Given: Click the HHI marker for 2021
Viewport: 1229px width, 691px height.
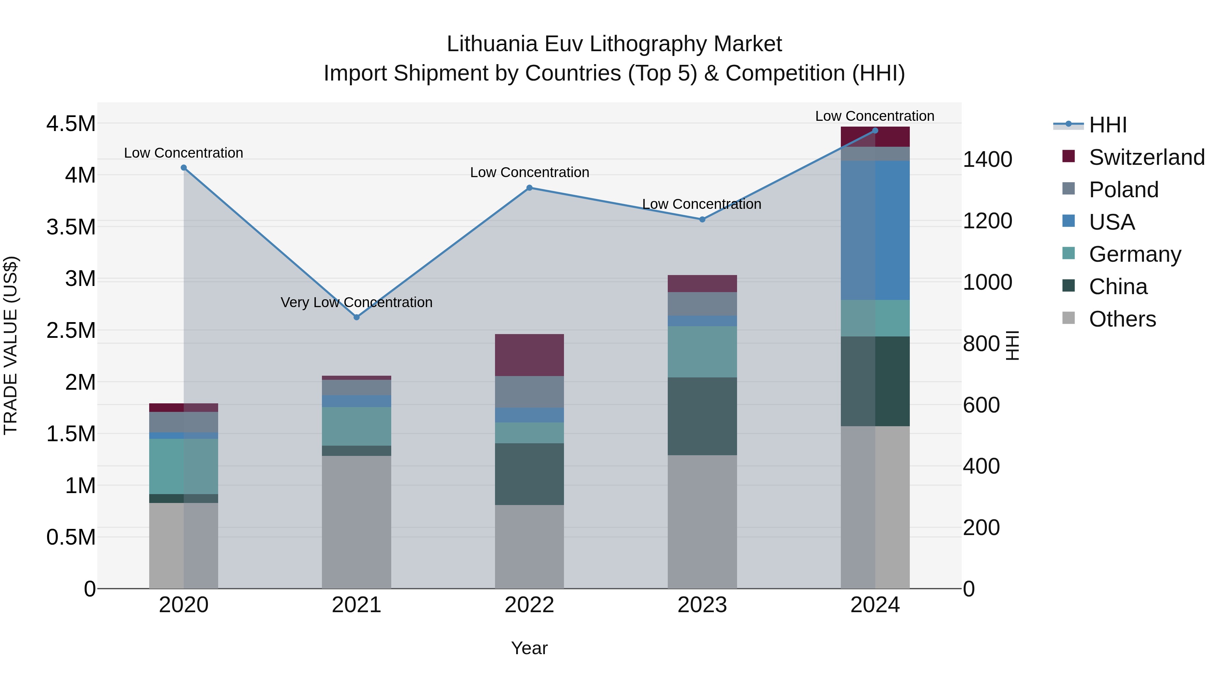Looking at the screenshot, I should tap(356, 317).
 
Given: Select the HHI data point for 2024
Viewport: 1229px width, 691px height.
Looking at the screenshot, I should tap(875, 131).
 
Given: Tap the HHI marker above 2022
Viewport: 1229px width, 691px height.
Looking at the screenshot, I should tap(529, 188).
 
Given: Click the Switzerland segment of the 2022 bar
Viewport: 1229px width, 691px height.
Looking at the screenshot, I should tap(529, 355).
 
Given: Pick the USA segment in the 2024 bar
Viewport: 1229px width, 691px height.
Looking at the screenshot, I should tap(875, 230).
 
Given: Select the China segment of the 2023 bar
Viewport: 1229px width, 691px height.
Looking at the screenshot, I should tap(702, 416).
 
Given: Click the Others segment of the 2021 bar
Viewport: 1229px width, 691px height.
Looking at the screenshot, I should tap(356, 522).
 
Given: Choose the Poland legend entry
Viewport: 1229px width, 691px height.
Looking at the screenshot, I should tap(1123, 190).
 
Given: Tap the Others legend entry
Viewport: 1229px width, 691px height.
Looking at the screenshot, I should tap(1122, 319).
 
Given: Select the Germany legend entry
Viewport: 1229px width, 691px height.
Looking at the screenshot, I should tap(1134, 254).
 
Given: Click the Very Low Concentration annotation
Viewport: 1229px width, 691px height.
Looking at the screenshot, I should tap(356, 302).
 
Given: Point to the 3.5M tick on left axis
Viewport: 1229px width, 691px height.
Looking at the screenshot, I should tap(71, 227).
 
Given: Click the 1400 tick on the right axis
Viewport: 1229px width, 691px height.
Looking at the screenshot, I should tap(987, 159).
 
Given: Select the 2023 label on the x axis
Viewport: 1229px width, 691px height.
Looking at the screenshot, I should tap(702, 605).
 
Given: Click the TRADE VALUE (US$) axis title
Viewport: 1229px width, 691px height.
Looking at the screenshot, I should tap(11, 345).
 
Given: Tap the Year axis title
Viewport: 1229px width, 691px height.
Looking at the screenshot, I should tap(529, 648).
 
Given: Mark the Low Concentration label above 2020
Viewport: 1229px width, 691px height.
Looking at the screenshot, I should tap(184, 153).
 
